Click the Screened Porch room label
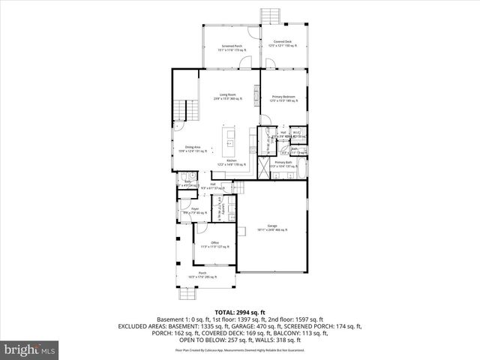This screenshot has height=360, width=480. coord(232,48)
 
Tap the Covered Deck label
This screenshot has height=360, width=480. coord(283,43)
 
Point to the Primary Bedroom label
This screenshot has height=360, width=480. coord(283,98)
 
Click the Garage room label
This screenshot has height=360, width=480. coord(272,228)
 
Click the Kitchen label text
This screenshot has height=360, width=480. coord(232,163)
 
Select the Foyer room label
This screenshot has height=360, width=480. coord(194,210)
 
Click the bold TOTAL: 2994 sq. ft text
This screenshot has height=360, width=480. coord(239,312)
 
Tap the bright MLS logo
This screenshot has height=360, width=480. coord(30,349)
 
